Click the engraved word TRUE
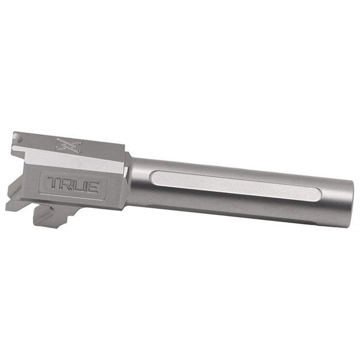pyautogui.click(x=73, y=185)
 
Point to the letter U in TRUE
pyautogui.click(x=79, y=185)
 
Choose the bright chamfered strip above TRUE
pyautogui.click(x=69, y=161)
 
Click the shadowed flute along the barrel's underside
pyautogui.click(x=242, y=210)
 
